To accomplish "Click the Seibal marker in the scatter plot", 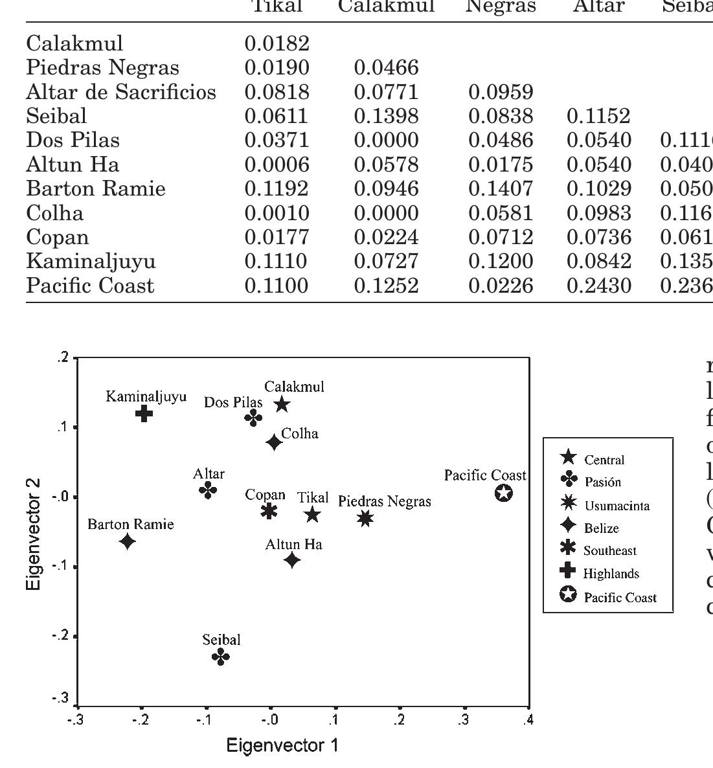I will coord(221,657).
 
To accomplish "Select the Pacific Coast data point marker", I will coord(504,493).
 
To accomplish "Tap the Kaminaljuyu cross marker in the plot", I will coord(144,413).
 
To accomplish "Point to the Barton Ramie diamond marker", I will coord(128,541).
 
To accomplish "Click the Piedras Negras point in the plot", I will coord(365,517).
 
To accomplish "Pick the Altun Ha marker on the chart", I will coord(292,559).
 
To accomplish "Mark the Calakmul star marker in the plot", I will coord(282,405).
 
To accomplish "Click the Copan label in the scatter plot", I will coord(265,495).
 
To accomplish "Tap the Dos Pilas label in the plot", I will coord(233,402).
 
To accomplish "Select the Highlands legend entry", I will coord(611,573).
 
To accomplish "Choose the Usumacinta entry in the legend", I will coord(617,505).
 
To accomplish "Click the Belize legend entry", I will coord(602,528).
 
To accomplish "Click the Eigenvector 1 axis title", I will coord(282,745).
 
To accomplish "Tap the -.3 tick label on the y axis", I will coord(60,699).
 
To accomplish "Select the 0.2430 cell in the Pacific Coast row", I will coord(598,286).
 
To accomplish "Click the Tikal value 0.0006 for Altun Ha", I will coord(277,164).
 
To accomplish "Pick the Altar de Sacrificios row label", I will coord(121,92).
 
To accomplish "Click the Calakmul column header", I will coord(387,6).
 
